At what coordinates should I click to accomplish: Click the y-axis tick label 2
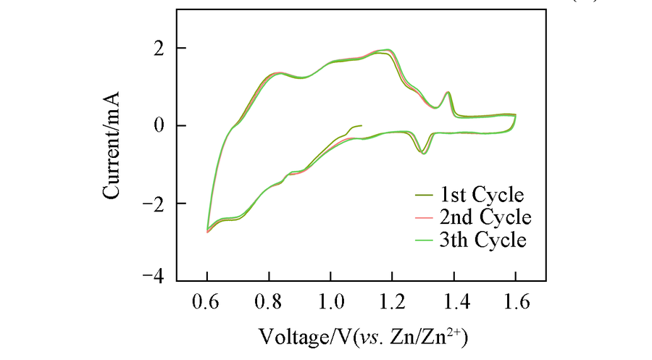click(x=160, y=48)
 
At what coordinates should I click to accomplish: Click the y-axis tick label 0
click(x=160, y=125)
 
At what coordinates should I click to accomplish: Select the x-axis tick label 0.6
click(x=206, y=299)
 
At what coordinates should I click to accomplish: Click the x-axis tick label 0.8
click(x=269, y=299)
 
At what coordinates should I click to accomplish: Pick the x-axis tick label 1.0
click(x=330, y=299)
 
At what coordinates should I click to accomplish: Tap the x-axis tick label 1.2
click(x=392, y=299)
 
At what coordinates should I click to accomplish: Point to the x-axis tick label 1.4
click(x=454, y=299)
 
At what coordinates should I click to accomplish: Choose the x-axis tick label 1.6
click(x=515, y=299)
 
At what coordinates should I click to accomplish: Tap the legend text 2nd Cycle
click(x=481, y=217)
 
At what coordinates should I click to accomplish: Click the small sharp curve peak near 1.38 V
click(x=448, y=92)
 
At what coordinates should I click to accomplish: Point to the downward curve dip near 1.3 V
click(x=423, y=154)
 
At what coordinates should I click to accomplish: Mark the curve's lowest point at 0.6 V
click(x=208, y=231)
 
